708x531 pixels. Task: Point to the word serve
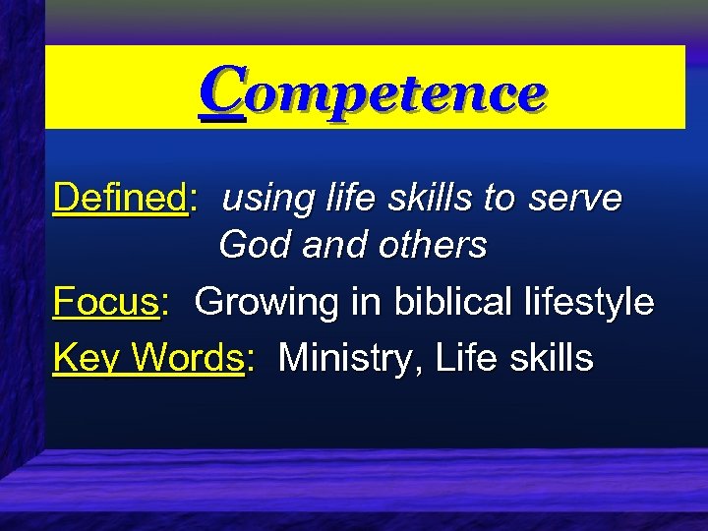[x=575, y=199]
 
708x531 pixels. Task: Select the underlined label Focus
[x=106, y=301]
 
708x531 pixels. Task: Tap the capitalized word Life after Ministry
[x=468, y=358]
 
